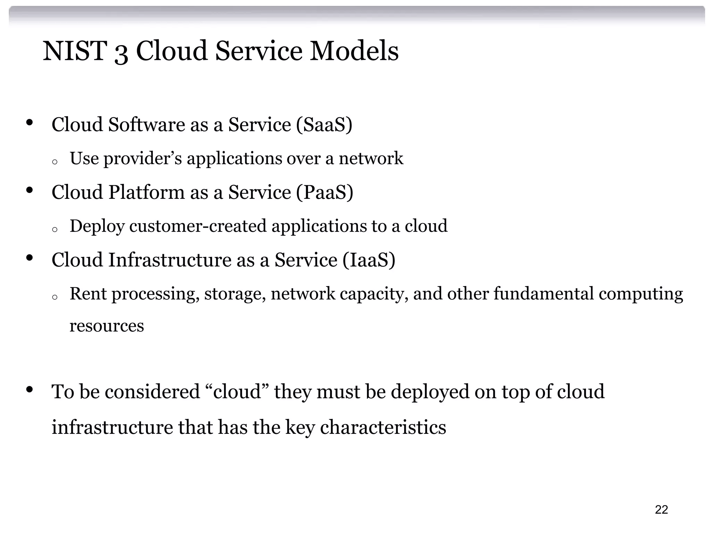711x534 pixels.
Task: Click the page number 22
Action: click(661, 509)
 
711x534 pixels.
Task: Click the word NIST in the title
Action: click(74, 51)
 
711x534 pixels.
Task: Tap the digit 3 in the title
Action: click(121, 53)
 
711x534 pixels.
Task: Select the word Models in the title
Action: click(354, 51)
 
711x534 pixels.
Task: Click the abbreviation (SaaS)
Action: click(324, 124)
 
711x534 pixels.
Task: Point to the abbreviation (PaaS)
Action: click(325, 192)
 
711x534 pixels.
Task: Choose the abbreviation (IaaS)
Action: click(369, 260)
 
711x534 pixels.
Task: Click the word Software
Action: click(146, 124)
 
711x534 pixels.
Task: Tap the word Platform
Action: click(146, 192)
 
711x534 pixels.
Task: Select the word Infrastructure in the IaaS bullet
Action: click(169, 260)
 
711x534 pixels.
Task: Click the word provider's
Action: click(142, 159)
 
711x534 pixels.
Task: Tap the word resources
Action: click(107, 326)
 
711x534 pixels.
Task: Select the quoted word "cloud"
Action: click(237, 391)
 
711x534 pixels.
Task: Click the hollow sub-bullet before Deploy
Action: click(54, 229)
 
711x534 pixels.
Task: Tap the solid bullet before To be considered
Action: click(29, 389)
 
